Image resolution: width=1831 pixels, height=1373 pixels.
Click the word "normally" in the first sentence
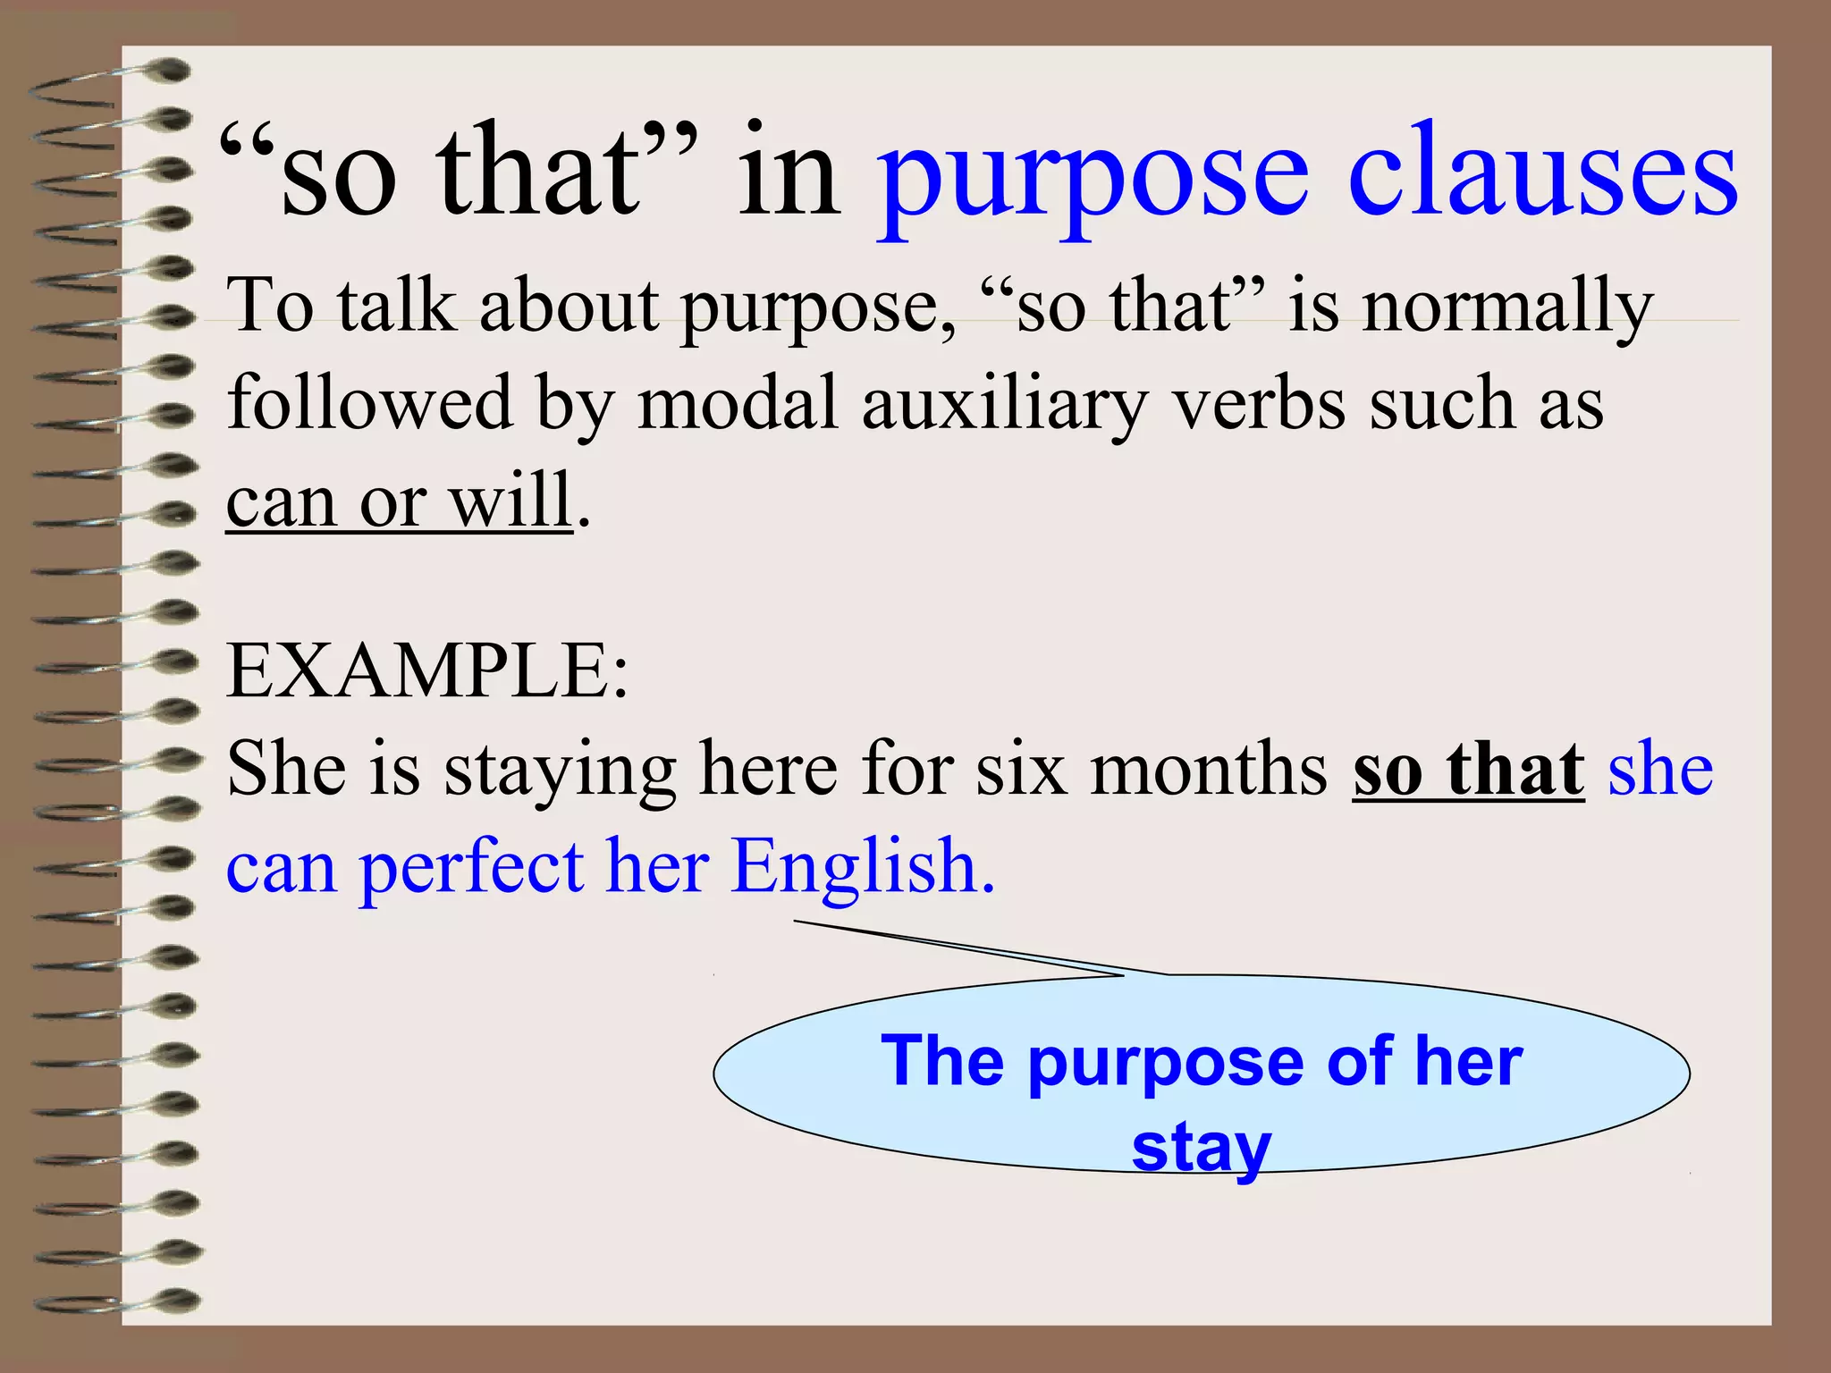pos(1507,307)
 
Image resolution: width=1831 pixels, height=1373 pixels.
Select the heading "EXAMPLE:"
pos(428,670)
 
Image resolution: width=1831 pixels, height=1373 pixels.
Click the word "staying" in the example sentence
pos(560,771)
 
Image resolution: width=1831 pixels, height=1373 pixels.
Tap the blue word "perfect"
pos(471,869)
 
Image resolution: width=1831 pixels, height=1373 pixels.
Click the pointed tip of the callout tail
pos(796,921)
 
